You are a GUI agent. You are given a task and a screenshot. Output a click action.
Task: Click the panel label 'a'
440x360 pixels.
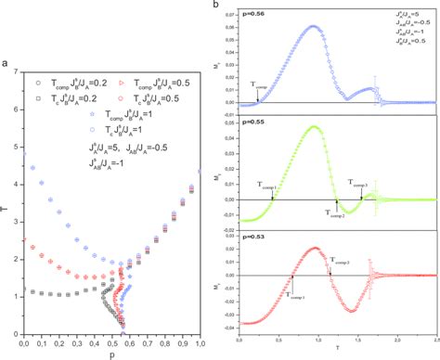(x=6, y=64)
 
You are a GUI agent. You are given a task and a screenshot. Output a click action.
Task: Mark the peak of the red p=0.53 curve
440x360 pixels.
(x=313, y=248)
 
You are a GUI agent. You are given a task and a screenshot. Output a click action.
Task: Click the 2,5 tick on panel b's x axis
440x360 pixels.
(x=434, y=340)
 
